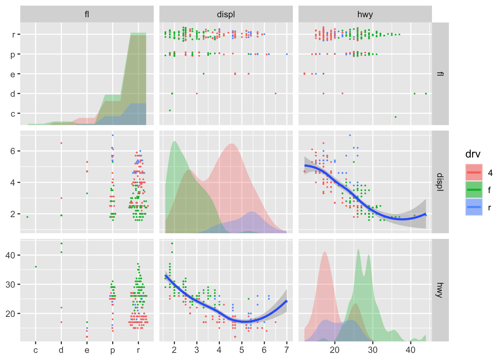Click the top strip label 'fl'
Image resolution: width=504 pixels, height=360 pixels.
tap(87, 15)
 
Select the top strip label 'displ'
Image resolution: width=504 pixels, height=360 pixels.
tap(226, 15)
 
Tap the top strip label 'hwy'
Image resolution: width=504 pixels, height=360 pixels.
tap(365, 15)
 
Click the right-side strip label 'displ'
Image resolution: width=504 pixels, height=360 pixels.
tap(440, 182)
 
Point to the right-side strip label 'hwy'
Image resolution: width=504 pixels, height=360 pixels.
tap(440, 290)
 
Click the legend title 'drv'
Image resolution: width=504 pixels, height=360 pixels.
tap(472, 154)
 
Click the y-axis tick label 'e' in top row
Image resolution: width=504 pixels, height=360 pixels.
tap(13, 74)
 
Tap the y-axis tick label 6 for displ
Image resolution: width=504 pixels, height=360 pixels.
tap(13, 151)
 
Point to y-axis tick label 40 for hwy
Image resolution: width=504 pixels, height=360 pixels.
tap(10, 255)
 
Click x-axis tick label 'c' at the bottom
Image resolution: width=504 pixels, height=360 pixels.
tap(36, 350)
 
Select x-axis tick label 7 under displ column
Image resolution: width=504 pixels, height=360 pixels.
tap(286, 350)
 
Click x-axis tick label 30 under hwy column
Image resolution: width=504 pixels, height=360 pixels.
tap(373, 350)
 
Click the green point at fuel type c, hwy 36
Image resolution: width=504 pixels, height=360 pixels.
tap(36, 267)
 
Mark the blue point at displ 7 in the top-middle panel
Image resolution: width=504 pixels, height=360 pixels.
tap(286, 54)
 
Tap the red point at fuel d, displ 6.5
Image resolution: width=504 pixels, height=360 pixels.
tap(61, 143)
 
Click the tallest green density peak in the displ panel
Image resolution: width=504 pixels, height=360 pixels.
tap(174, 141)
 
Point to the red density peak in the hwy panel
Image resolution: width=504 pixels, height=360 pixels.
tap(325, 252)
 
